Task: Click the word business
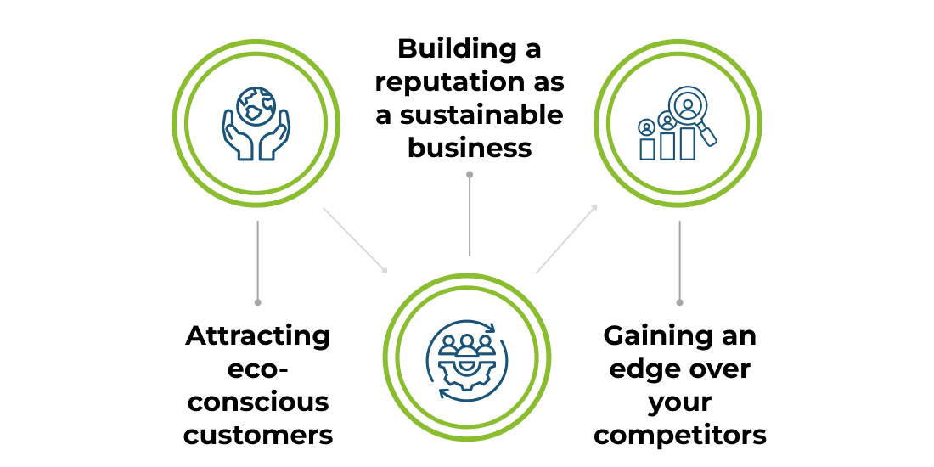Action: pyautogui.click(x=470, y=148)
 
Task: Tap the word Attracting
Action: pyautogui.click(x=257, y=335)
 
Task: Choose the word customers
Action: pyautogui.click(x=258, y=435)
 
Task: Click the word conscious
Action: pyautogui.click(x=257, y=402)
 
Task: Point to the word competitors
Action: pyautogui.click(x=679, y=435)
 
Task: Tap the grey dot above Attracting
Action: pyautogui.click(x=257, y=301)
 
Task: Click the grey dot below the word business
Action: pyautogui.click(x=470, y=174)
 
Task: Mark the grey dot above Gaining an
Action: pyautogui.click(x=679, y=301)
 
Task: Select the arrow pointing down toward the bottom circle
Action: pyautogui.click(x=355, y=240)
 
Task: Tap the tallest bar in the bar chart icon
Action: pyautogui.click(x=688, y=143)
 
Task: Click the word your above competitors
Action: pyautogui.click(x=679, y=402)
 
